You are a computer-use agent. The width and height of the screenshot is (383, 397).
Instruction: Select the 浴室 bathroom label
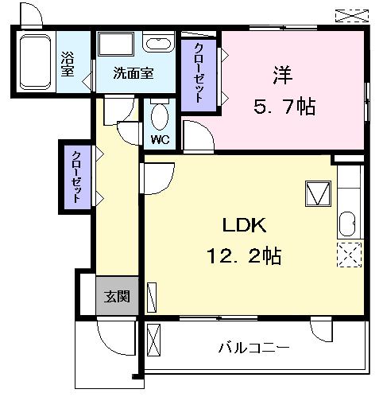click(x=68, y=64)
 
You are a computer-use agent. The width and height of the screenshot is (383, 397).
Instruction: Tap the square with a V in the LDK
click(x=317, y=194)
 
